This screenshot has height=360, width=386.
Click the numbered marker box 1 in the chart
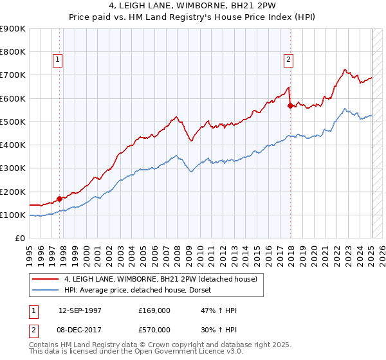coord(57,60)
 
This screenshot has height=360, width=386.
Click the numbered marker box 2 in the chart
coord(288,60)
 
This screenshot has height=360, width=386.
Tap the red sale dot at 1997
coord(60,199)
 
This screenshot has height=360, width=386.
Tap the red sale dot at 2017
coord(291,105)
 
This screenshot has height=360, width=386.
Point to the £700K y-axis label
coord(14,75)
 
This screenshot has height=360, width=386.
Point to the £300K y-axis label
coord(14,168)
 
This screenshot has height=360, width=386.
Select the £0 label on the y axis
coord(19,239)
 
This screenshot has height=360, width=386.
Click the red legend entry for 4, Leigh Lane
coord(161,279)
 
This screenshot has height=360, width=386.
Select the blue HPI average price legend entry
coord(142,291)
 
